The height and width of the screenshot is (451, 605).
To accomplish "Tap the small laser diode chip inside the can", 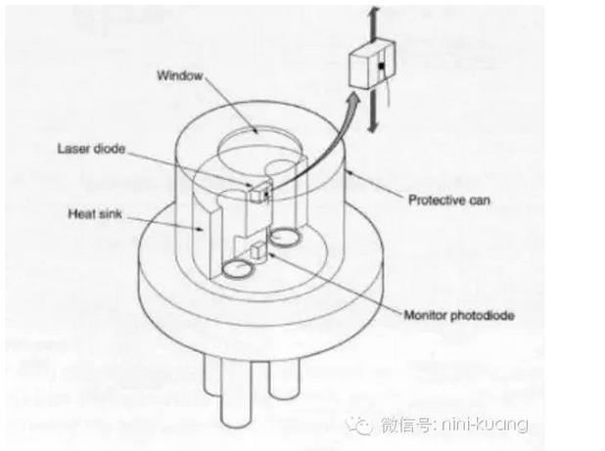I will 257,193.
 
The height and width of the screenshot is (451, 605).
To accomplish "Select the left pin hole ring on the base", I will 235,267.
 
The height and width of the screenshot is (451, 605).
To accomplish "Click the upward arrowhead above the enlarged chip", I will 372,10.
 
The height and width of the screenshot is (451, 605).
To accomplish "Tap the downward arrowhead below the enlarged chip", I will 373,129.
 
